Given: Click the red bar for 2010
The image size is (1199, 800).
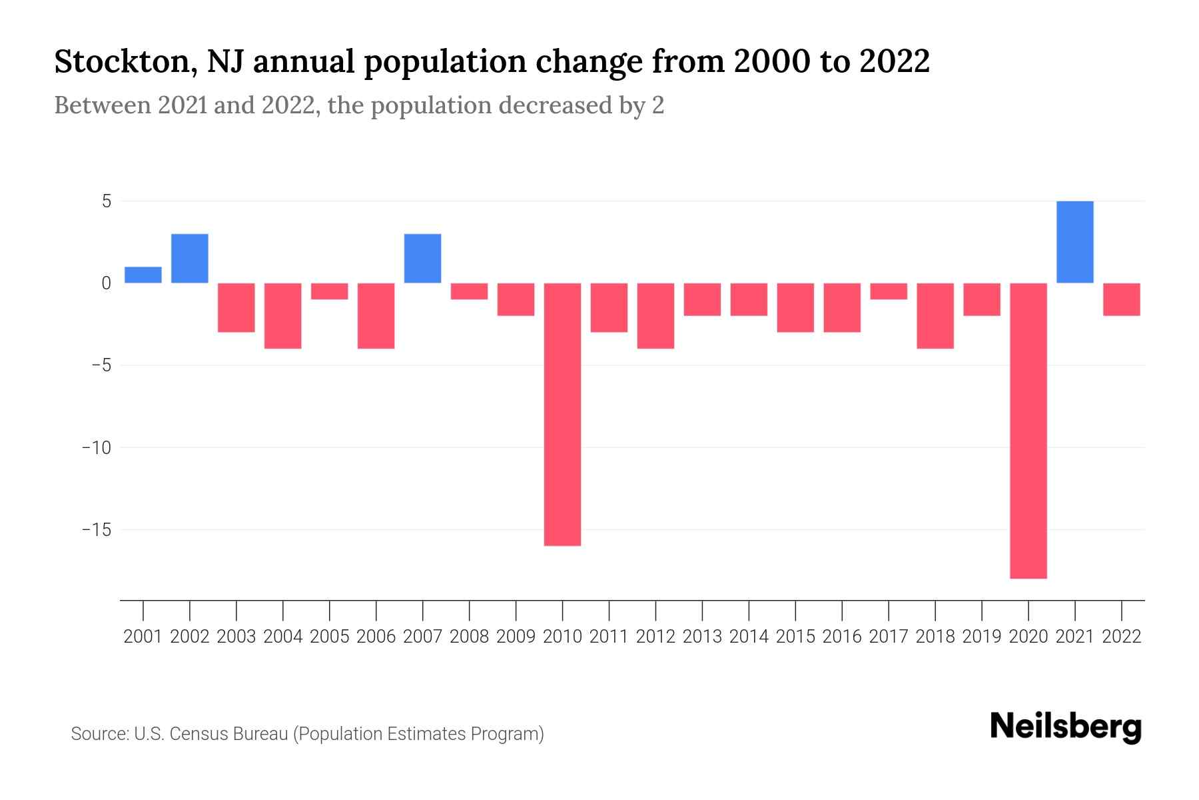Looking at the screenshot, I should tap(562, 414).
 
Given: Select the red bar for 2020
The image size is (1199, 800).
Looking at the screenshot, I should tap(1028, 430).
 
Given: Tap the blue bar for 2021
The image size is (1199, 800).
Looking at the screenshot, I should tap(1074, 242).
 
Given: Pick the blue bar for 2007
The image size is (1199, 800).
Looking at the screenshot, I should tap(422, 259).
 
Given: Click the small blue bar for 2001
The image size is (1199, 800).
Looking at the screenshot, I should tap(143, 275).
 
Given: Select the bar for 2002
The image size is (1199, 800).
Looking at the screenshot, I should tap(190, 259).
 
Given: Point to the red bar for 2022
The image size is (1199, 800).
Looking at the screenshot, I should tap(1122, 299).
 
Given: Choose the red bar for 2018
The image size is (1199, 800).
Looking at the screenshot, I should tap(935, 315).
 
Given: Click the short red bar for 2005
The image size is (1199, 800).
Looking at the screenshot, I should tap(330, 291).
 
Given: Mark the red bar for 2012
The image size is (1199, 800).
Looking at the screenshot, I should tap(655, 315).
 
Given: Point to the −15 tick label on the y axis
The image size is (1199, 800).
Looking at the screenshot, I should tap(96, 530).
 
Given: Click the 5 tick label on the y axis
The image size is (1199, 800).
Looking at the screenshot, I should tap(107, 201).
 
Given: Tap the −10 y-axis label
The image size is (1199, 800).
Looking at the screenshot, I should tap(96, 447).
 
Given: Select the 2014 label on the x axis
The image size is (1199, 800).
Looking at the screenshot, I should tap(749, 637).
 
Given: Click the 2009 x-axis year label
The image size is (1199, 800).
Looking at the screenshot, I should tap(516, 637).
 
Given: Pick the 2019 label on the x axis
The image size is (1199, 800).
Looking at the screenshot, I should tap(982, 637).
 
